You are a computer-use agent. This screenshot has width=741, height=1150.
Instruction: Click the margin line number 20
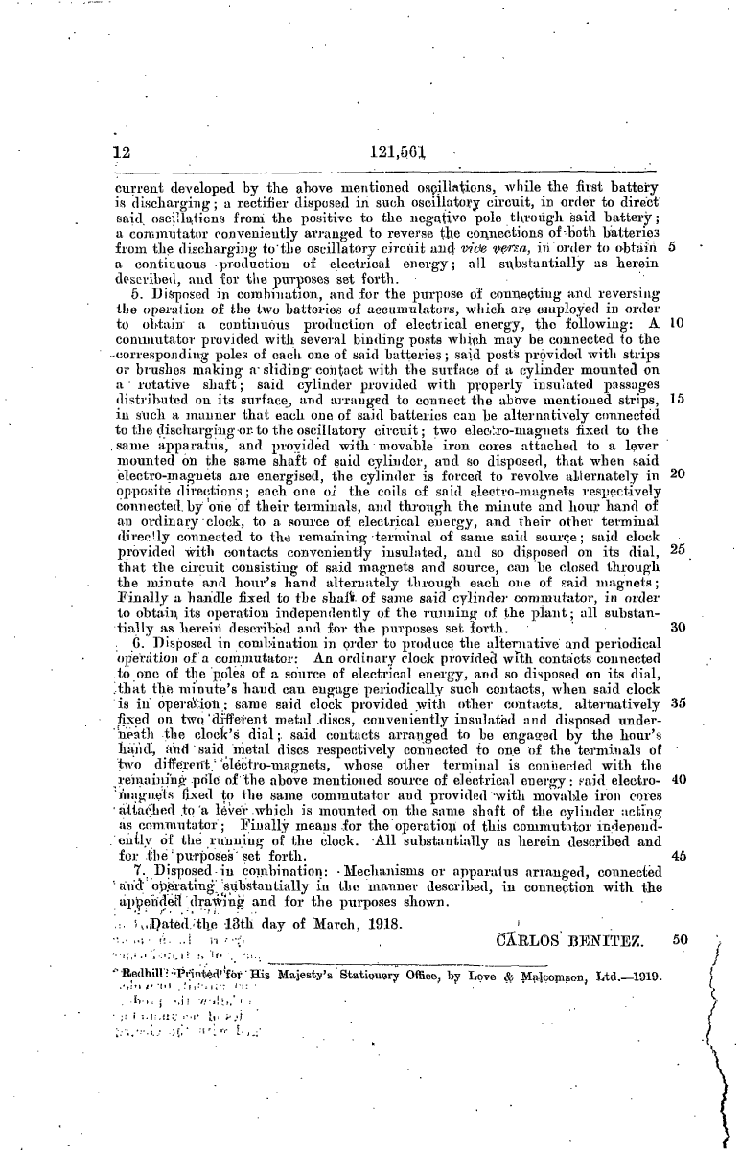676,446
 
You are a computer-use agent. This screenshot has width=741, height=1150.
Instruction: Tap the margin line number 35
676,675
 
